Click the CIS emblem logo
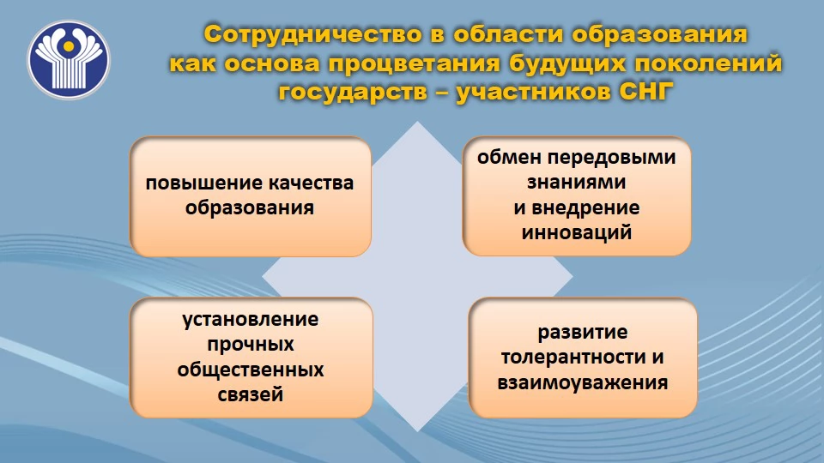pyautogui.click(x=69, y=60)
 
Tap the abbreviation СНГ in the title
pyautogui.click(x=645, y=92)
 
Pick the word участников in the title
pyautogui.click(x=533, y=93)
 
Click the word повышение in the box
pyautogui.click(x=204, y=183)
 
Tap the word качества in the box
pyautogui.click(x=311, y=183)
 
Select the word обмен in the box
pyautogui.click(x=510, y=157)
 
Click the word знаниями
pyautogui.click(x=576, y=182)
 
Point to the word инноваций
pyautogui.click(x=577, y=232)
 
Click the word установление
pyautogui.click(x=250, y=319)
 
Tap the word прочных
pyautogui.click(x=250, y=345)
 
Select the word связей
pyautogui.click(x=250, y=394)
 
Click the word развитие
pyautogui.click(x=582, y=333)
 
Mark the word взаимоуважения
pyautogui.click(x=582, y=382)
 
